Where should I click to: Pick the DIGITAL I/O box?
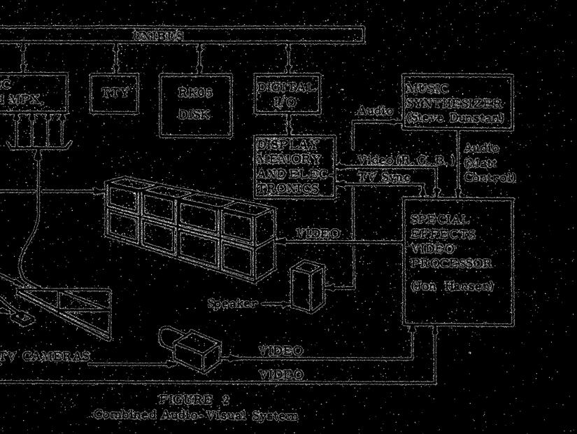[x=286, y=96]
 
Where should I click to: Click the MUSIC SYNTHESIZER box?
[x=455, y=101]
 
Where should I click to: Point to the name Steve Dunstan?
[x=455, y=118]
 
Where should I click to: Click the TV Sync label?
[x=385, y=178]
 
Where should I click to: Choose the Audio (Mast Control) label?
[x=489, y=162]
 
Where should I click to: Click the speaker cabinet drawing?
[x=306, y=286]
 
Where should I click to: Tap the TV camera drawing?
[x=197, y=348]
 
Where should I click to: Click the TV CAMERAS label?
[x=46, y=357]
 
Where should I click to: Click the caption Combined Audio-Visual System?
[x=195, y=415]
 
